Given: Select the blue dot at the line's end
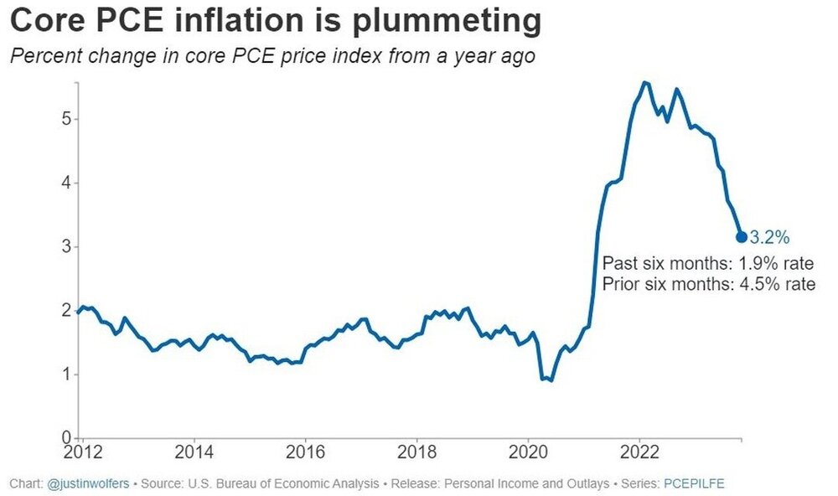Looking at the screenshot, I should click(742, 237).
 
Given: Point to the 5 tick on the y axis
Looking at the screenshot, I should click(65, 119).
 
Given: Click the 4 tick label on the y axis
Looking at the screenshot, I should click(65, 183).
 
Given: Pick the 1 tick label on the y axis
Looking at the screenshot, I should click(65, 374).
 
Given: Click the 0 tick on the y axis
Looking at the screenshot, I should click(65, 437).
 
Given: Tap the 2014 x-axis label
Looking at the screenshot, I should click(194, 453).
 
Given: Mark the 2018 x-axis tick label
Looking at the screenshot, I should click(416, 453).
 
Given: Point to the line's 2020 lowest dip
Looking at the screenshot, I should click(551, 380).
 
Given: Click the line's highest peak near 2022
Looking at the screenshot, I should click(643, 82).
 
